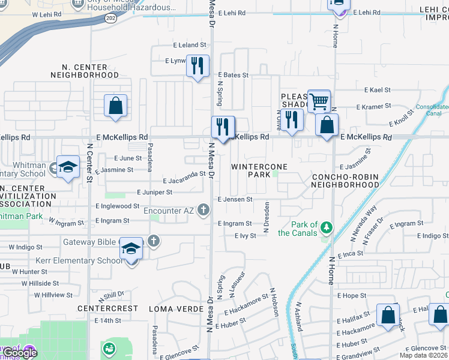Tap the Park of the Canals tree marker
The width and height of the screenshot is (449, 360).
click(x=326, y=228)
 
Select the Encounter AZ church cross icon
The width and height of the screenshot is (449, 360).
click(x=204, y=210)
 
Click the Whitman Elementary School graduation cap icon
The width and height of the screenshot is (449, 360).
click(x=68, y=166)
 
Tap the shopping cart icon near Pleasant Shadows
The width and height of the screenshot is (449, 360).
click(x=319, y=100)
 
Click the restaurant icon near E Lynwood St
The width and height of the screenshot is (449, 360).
click(x=197, y=65)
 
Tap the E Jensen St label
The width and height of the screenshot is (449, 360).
click(x=234, y=199)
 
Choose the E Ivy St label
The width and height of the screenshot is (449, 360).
click(x=246, y=236)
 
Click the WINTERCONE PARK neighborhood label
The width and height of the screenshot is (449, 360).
click(x=259, y=170)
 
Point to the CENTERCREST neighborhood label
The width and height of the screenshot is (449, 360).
click(x=107, y=308)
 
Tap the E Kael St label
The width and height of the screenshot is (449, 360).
click(x=378, y=90)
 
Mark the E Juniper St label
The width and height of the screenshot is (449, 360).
click(x=154, y=192)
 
